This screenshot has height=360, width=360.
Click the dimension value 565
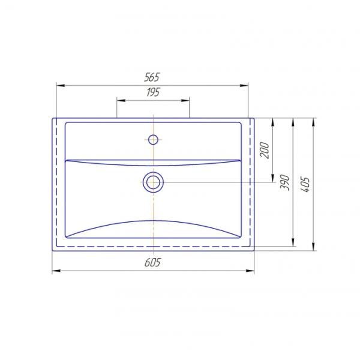pyautogui.click(x=152, y=77)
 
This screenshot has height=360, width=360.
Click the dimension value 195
pyautogui.click(x=153, y=92)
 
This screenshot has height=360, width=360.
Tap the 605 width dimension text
pyautogui.click(x=152, y=262)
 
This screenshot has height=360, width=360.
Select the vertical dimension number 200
pyautogui.click(x=265, y=150)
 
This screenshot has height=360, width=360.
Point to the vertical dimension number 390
pyautogui.click(x=284, y=182)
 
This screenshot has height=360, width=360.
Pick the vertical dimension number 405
pyautogui.click(x=305, y=184)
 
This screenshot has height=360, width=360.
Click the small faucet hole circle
pyautogui.click(x=153, y=140)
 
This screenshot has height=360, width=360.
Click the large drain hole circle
pyautogui.click(x=153, y=182)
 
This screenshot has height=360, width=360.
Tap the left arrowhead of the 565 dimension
pyautogui.click(x=61, y=86)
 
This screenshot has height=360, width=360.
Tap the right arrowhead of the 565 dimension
pyautogui.click(x=244, y=86)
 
